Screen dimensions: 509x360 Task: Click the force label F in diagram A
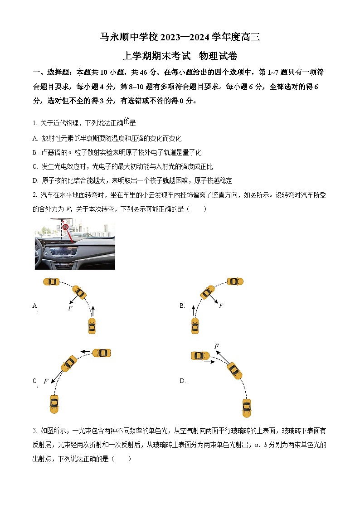pyautogui.click(x=70, y=308)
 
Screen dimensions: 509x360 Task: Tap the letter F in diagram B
pyautogui.click(x=221, y=306)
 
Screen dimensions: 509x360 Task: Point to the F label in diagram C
pyautogui.click(x=46, y=382)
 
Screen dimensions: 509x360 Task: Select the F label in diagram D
pyautogui.click(x=217, y=347)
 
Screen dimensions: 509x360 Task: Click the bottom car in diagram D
pyautogui.click(x=247, y=407)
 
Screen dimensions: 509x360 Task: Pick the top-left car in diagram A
pyautogui.click(x=51, y=281)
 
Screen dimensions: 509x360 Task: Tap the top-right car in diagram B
pyautogui.click(x=235, y=281)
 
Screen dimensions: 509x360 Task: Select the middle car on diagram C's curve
pyautogui.click(x=69, y=363)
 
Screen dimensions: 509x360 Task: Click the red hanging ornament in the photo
pyautogui.click(x=65, y=227)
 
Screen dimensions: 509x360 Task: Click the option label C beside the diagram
pyautogui.click(x=34, y=381)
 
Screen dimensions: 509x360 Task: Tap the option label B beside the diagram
pyautogui.click(x=182, y=306)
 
